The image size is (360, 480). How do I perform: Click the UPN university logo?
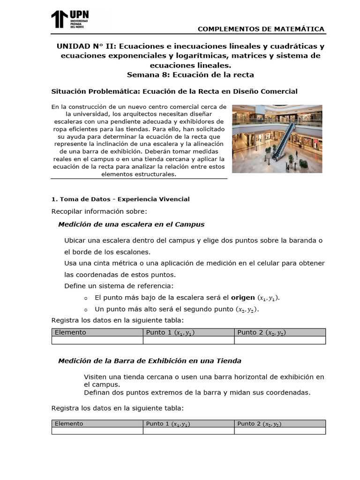70,20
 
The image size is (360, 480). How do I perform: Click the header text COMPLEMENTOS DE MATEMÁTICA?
261,29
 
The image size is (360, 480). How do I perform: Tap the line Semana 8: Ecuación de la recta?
190,75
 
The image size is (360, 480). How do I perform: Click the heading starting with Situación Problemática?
180,91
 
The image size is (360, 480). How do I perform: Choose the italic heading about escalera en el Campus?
131,224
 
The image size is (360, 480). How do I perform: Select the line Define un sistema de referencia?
119,285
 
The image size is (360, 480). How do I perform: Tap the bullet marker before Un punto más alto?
85,310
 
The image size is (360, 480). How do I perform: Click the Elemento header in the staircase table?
71,332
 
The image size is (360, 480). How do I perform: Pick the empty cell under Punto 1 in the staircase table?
188,340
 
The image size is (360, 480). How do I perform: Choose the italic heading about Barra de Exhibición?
150,360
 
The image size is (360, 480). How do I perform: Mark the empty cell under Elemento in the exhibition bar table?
97,431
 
